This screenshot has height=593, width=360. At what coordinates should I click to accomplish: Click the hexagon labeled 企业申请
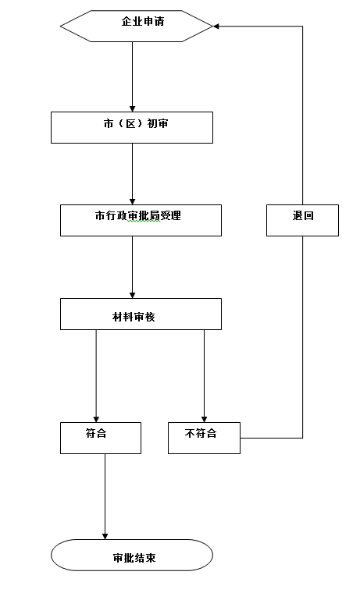click(x=137, y=26)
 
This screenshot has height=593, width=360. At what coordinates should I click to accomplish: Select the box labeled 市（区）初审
click(x=132, y=127)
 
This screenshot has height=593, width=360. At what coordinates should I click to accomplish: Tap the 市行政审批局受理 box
click(x=141, y=221)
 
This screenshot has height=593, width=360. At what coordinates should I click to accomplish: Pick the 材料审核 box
click(x=141, y=314)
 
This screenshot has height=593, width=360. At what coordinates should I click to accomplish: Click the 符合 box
click(x=101, y=438)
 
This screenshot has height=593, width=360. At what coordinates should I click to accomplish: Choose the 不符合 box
click(x=204, y=438)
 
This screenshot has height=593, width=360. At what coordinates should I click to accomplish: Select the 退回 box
click(x=302, y=221)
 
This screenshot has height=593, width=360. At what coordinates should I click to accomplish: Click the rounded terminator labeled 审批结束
click(x=132, y=555)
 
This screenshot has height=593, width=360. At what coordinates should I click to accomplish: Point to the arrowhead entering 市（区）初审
click(x=133, y=109)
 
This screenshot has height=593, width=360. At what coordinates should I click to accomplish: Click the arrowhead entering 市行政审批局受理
click(x=133, y=202)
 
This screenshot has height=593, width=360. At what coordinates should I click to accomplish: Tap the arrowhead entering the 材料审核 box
click(x=133, y=296)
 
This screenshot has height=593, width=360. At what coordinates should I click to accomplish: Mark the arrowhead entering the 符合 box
click(x=96, y=420)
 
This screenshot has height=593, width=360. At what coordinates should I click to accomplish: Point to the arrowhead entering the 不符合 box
click(x=204, y=420)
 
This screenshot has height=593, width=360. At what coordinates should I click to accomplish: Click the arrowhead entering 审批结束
click(x=105, y=537)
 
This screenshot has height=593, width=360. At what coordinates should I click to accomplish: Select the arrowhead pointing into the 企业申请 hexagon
click(x=216, y=26)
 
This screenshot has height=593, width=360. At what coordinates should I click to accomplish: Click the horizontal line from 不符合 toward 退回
click(x=272, y=438)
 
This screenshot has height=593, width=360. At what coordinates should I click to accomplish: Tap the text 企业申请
click(x=143, y=21)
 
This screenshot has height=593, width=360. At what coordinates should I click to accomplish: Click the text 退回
click(x=303, y=215)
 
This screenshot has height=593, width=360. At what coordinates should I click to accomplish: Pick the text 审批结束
click(x=134, y=558)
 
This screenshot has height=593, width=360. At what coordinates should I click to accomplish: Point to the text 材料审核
click(x=134, y=317)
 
